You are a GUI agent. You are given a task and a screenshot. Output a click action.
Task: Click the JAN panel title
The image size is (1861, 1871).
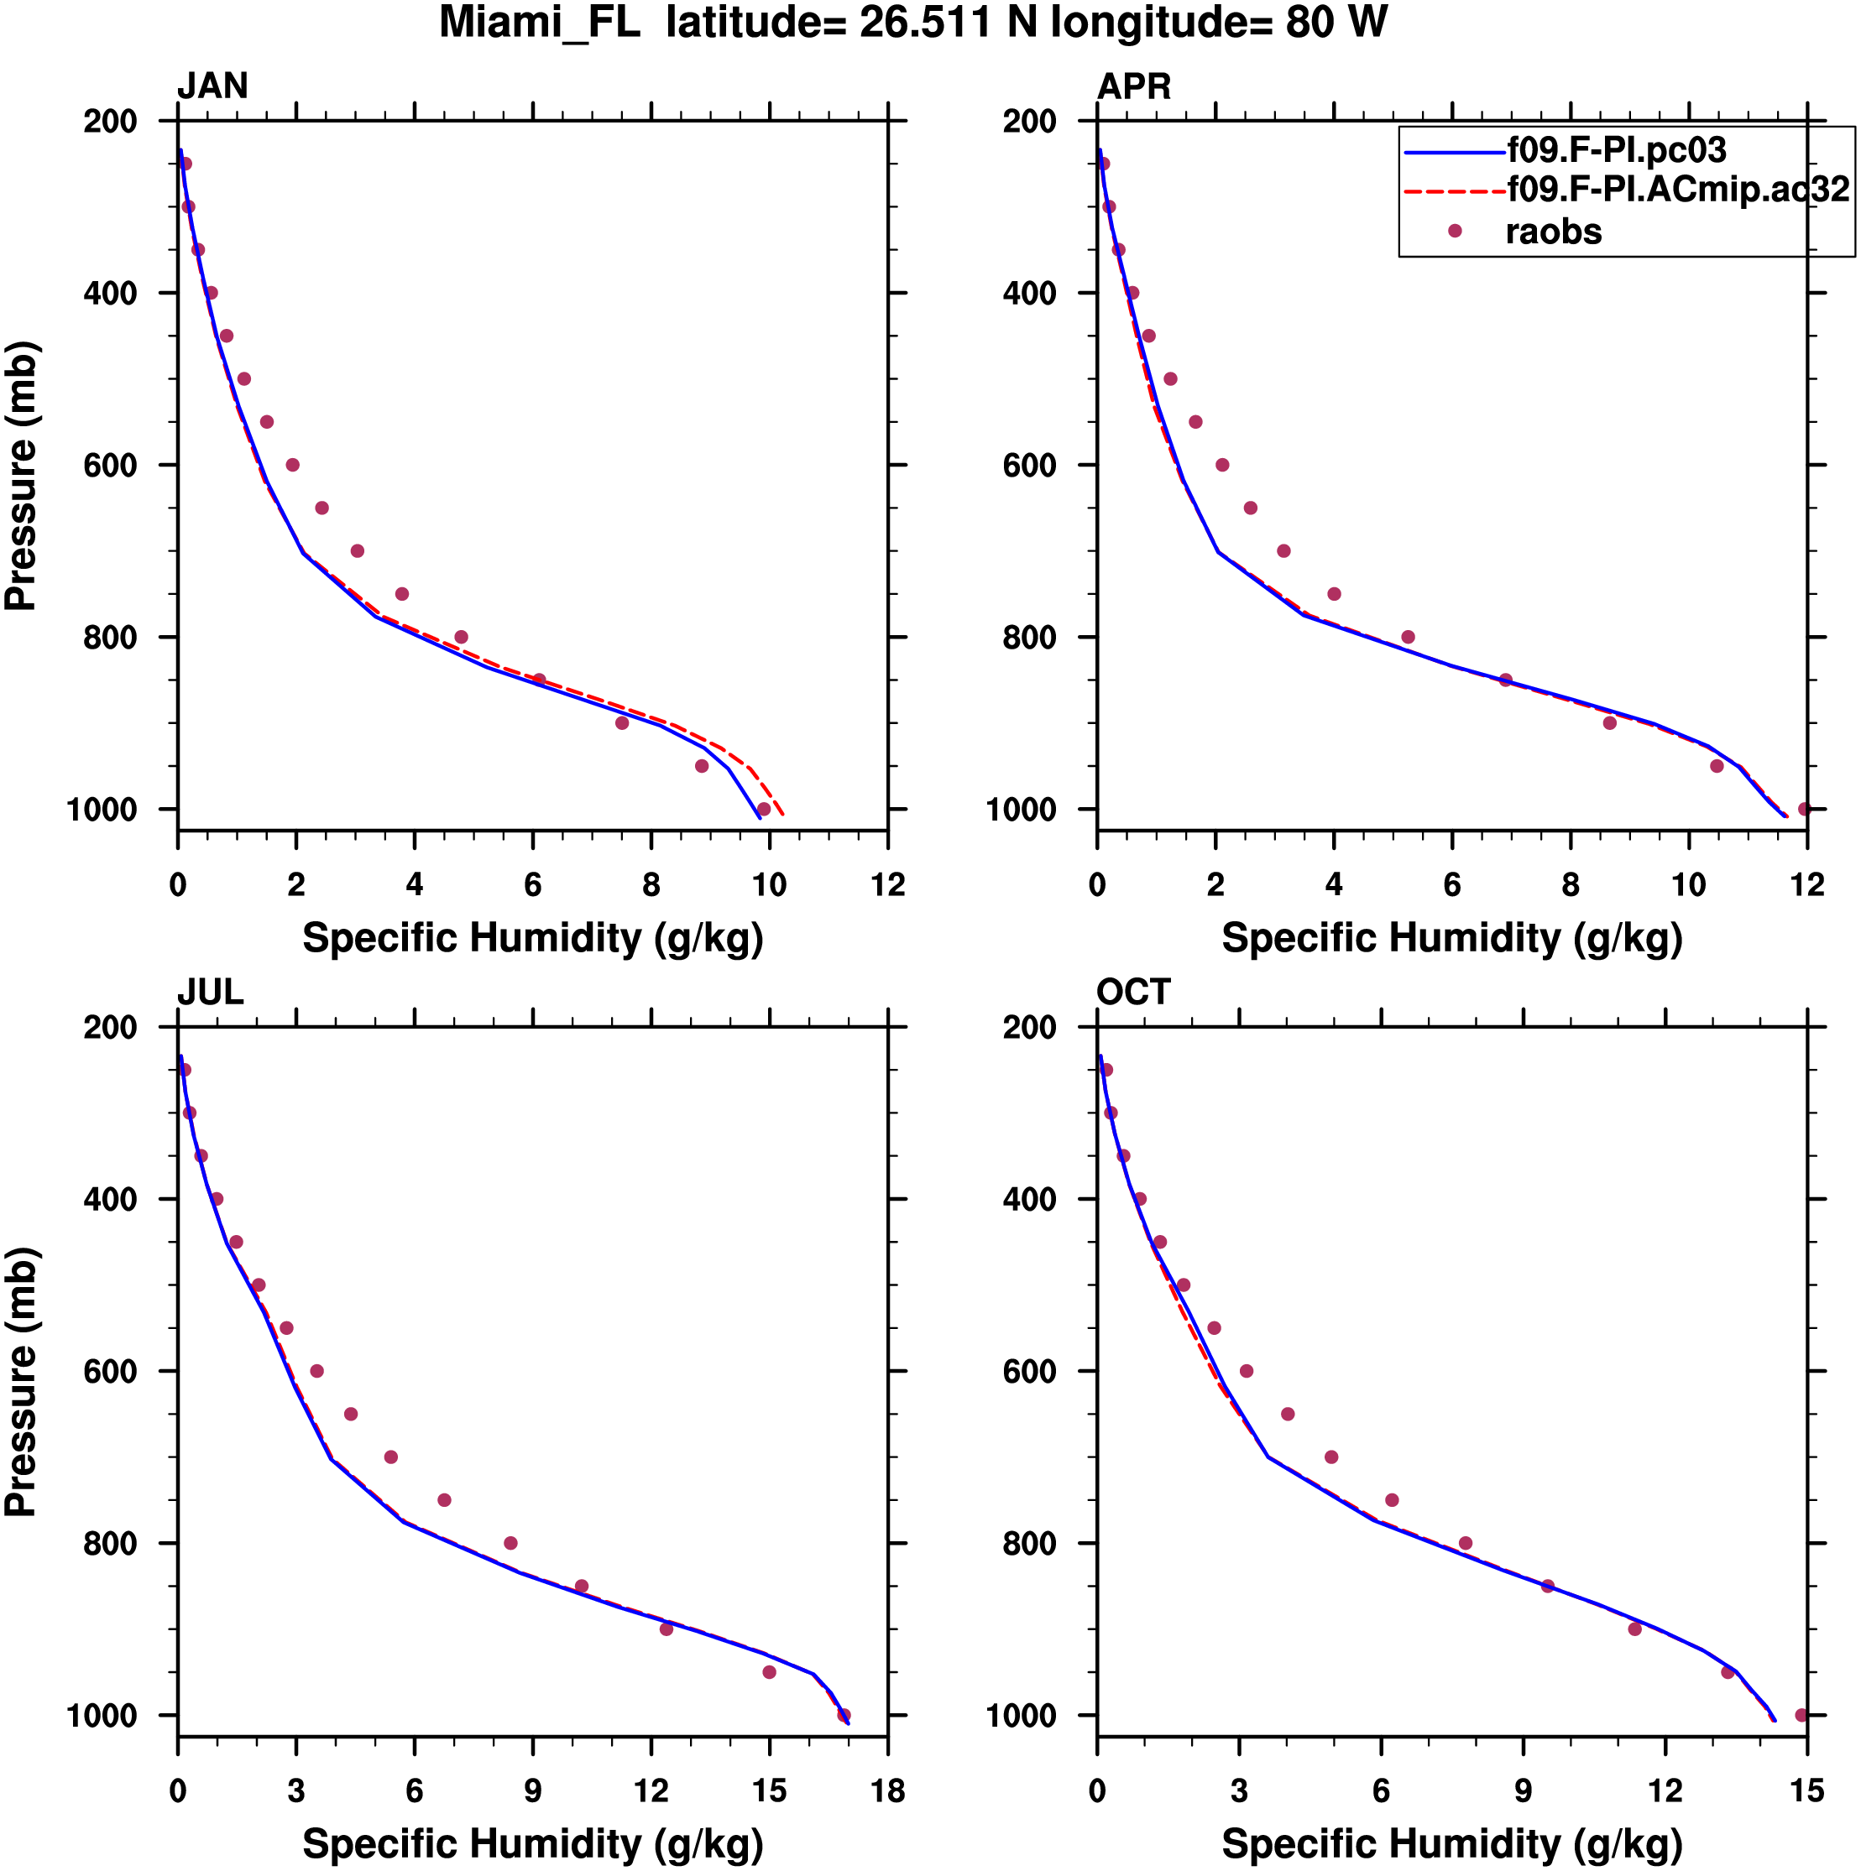(x=212, y=86)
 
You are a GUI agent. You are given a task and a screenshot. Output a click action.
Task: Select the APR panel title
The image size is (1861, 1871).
(x=1133, y=86)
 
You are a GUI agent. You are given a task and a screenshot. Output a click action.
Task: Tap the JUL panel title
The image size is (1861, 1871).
(x=210, y=992)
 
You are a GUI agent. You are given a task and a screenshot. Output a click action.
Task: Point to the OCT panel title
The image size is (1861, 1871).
(x=1133, y=992)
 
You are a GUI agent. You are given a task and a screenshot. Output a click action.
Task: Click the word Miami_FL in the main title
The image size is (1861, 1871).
(x=540, y=23)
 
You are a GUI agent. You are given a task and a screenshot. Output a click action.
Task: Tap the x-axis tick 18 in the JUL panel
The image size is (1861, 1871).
(x=887, y=1790)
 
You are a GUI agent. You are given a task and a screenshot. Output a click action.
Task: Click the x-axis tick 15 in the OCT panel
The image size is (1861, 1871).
(x=1806, y=1790)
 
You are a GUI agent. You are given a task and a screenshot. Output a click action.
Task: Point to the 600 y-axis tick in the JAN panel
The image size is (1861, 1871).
(x=111, y=465)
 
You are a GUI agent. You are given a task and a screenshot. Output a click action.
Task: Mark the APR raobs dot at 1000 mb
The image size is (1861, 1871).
(x=1804, y=809)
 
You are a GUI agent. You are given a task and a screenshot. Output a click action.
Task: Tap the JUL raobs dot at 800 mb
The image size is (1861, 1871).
(x=510, y=1543)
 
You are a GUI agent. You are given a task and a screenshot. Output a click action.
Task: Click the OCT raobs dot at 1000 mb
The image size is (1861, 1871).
(x=1801, y=1715)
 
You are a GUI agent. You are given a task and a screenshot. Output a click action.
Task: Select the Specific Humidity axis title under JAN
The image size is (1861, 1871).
(x=533, y=938)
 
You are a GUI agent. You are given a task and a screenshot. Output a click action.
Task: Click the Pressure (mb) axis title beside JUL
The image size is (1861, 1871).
(x=20, y=1381)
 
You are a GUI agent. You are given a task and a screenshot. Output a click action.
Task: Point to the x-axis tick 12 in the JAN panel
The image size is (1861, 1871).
(x=887, y=884)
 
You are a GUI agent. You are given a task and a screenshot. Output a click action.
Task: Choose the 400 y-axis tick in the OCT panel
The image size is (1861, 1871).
(x=1030, y=1199)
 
